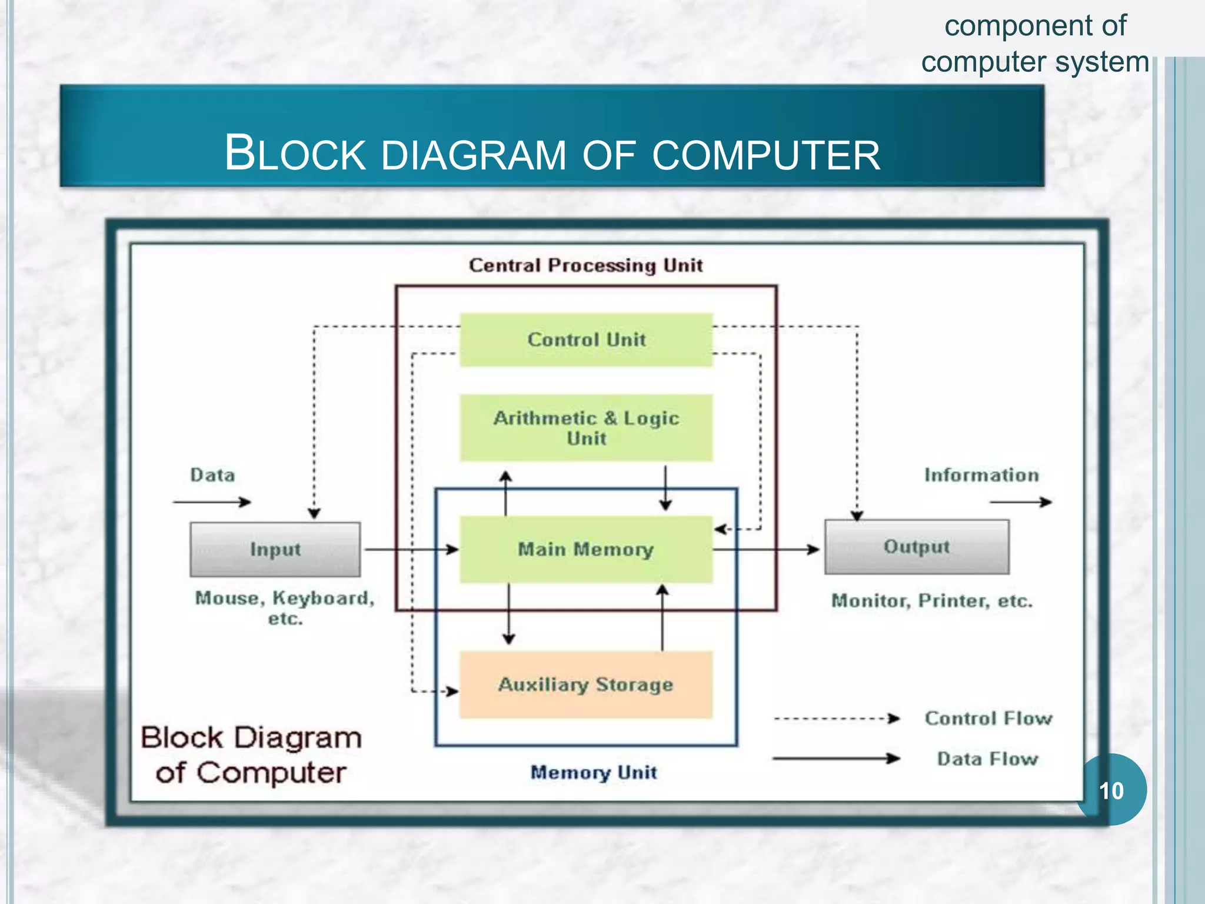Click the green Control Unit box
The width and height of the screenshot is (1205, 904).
tap(586, 340)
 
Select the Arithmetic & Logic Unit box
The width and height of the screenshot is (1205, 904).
tap(586, 428)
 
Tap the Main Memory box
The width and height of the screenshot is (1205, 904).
tap(586, 549)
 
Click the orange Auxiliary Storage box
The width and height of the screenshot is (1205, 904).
tap(586, 684)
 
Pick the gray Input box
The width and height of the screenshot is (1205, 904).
tap(275, 549)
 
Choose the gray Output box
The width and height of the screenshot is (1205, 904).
tap(916, 547)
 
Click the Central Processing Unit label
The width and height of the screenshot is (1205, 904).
tap(585, 265)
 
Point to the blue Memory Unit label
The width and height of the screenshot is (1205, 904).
tap(593, 772)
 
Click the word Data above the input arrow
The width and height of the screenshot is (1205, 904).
tap(212, 475)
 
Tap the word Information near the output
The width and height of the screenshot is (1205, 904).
tap(981, 475)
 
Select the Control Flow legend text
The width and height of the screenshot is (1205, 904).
tap(988, 718)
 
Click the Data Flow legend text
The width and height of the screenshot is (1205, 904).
tap(987, 759)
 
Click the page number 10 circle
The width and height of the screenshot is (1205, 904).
tap(1111, 790)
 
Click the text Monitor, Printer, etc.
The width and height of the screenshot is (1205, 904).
tap(931, 601)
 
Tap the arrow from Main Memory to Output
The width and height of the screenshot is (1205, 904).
tap(765, 549)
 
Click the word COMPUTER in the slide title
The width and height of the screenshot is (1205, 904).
tap(765, 155)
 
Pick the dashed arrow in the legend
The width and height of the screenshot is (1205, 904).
tap(835, 719)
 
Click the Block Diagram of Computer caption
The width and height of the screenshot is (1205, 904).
tap(251, 755)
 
